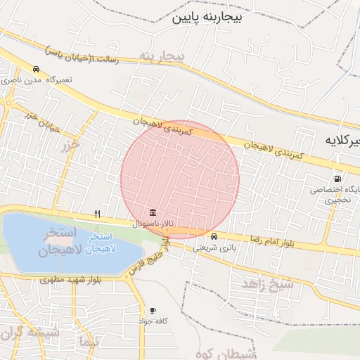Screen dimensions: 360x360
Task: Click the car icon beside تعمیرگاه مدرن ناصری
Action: point(36,69)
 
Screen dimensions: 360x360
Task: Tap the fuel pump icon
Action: point(337,179)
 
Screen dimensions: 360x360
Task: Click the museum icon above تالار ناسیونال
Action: point(153,213)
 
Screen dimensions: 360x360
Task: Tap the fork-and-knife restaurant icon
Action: point(98,214)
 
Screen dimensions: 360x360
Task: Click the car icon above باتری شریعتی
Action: point(214,236)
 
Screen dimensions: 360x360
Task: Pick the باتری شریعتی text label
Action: point(214,247)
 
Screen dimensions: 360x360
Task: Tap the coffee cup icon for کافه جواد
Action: point(153,310)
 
